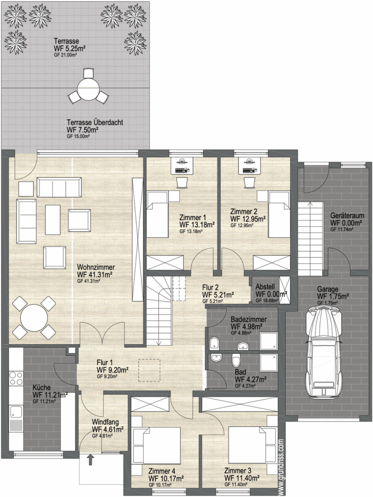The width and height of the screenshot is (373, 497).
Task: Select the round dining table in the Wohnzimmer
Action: point(34,317)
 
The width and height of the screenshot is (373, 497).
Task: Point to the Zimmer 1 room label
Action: point(193,218)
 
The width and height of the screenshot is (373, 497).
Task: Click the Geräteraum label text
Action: point(347,215)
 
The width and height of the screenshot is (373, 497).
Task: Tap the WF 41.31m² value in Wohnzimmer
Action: point(95,274)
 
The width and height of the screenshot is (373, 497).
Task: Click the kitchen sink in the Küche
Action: point(16,412)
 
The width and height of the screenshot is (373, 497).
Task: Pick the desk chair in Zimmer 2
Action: point(250,183)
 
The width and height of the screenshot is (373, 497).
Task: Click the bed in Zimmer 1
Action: point(157,214)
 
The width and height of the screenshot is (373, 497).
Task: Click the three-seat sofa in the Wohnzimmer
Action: point(60,187)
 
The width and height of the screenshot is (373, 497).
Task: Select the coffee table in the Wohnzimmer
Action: point(52,217)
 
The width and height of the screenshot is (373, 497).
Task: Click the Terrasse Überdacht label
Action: point(95,122)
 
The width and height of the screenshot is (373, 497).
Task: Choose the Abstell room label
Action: point(265,285)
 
